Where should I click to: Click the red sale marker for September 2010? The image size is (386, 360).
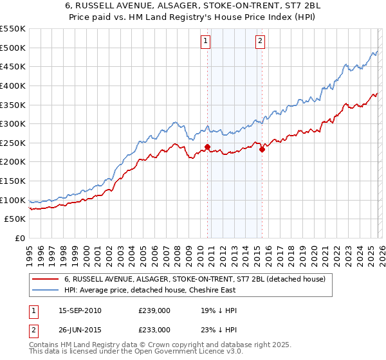pyautogui.click(x=207, y=147)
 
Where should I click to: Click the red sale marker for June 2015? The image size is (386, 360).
pyautogui.click(x=262, y=150)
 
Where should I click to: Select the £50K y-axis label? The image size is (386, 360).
pyautogui.click(x=15, y=219)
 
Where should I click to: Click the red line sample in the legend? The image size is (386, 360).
pyautogui.click(x=45, y=280)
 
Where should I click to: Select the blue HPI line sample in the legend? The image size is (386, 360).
pyautogui.click(x=45, y=290)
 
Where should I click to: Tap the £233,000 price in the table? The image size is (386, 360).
pyautogui.click(x=154, y=329)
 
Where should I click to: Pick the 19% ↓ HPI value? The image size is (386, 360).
pyautogui.click(x=219, y=310)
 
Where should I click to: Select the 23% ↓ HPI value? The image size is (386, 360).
pyautogui.click(x=219, y=329)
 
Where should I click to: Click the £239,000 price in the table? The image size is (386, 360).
pyautogui.click(x=154, y=310)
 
